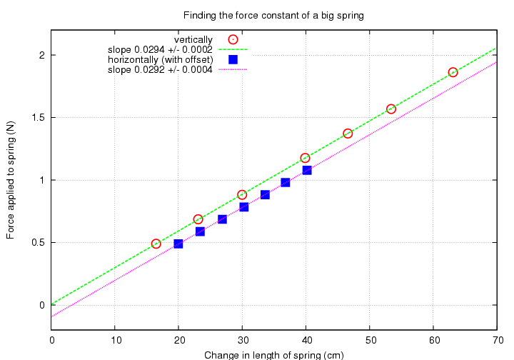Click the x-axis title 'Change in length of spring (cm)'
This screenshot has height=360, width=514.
[274, 355]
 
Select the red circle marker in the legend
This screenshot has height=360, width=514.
[233, 39]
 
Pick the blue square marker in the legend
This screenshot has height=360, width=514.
[233, 59]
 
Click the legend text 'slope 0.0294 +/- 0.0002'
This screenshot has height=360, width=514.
[160, 49]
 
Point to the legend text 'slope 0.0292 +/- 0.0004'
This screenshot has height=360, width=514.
[160, 69]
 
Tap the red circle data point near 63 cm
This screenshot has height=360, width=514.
[453, 72]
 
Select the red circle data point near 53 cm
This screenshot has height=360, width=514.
[391, 109]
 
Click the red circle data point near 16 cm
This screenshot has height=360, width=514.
[156, 244]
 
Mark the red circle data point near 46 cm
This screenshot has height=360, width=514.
[348, 134]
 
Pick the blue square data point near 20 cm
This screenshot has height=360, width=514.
[178, 244]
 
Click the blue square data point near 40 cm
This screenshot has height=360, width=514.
[307, 170]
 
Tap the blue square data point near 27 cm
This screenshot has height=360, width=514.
[222, 219]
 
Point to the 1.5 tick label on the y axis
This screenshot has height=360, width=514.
[36, 118]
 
